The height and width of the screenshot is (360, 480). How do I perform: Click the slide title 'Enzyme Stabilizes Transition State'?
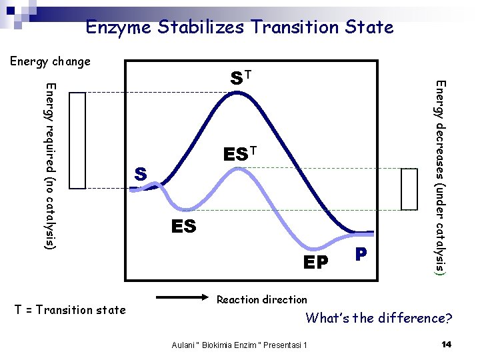coord(239,27)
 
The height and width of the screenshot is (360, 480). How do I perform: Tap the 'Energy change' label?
coord(50,62)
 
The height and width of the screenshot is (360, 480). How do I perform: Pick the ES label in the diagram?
coord(183,227)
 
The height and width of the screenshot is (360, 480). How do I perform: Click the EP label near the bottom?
coord(316,263)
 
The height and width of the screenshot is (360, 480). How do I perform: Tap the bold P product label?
coord(361,255)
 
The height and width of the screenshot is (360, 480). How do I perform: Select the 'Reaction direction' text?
coord(262,300)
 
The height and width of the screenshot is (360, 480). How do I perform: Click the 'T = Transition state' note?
coord(70,309)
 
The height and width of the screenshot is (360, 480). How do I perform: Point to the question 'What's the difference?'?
coord(379,318)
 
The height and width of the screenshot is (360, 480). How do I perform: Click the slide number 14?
coord(447,344)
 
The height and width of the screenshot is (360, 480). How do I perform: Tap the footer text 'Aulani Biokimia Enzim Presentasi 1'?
coord(239,345)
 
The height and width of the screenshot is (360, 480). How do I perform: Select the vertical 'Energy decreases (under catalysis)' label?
coord(440,177)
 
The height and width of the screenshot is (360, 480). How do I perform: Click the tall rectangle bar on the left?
coord(78,141)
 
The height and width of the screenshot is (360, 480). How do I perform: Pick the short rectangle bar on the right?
coord(409,189)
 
